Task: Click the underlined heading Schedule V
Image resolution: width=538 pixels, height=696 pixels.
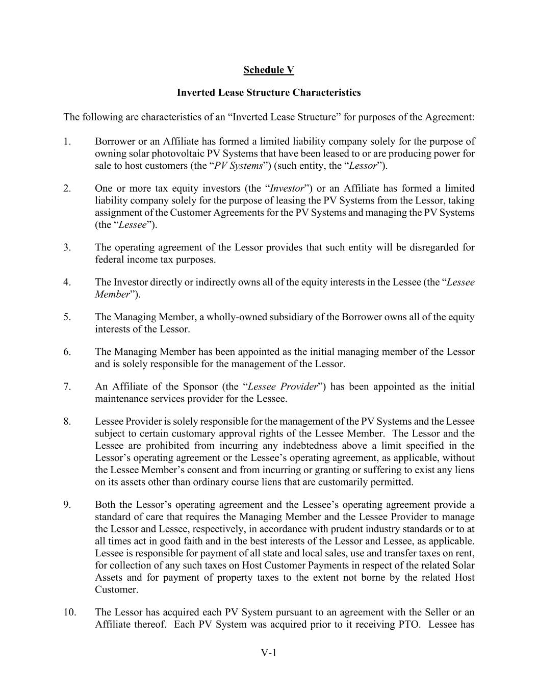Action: click(269, 70)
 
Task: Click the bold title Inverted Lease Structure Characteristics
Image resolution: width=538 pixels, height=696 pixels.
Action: click(269, 92)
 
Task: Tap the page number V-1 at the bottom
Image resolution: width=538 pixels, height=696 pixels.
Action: click(269, 653)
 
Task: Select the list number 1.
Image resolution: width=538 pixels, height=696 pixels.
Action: click(67, 141)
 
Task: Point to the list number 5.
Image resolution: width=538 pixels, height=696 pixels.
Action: click(67, 317)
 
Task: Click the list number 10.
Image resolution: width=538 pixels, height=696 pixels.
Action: click(70, 612)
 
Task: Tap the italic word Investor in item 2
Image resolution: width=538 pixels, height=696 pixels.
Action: click(287, 188)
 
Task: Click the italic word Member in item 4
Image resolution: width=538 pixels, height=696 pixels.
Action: click(112, 294)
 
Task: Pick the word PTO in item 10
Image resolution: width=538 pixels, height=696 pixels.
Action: click(408, 624)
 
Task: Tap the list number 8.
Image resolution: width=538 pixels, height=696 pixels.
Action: click(67, 421)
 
